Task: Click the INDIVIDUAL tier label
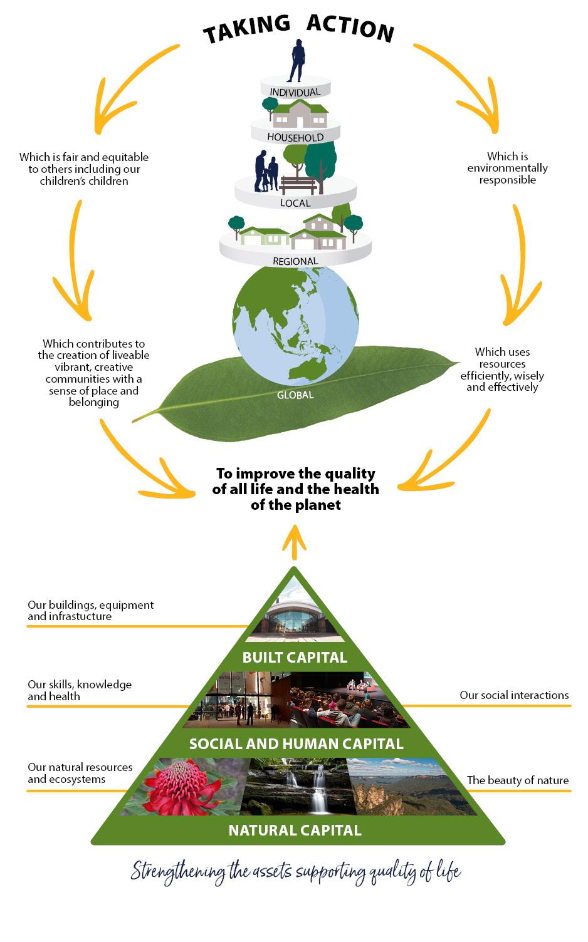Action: [x=295, y=92]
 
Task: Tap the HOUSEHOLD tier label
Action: [x=295, y=137]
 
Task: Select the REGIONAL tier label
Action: [x=295, y=261]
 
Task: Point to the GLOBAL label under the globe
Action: [x=295, y=395]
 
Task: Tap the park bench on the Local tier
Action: [x=298, y=185]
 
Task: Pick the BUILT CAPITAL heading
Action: [x=295, y=657]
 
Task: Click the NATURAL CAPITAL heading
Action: [x=295, y=831]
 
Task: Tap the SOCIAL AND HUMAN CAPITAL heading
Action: [x=296, y=744]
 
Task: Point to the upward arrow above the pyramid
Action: [x=294, y=540]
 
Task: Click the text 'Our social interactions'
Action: [x=514, y=695]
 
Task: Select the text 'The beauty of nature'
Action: [x=518, y=780]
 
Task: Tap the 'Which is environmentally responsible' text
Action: [x=507, y=168]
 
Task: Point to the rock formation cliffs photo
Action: [x=401, y=787]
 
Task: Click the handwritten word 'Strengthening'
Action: [x=178, y=872]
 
